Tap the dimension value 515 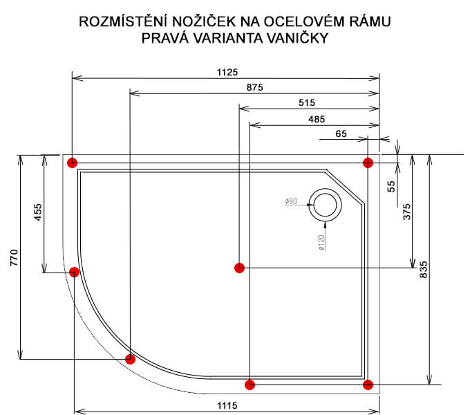click(x=308, y=102)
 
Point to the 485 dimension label click(x=316, y=119)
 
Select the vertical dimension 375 click(x=407, y=212)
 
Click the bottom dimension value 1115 click(x=227, y=405)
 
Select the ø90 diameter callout click(x=290, y=201)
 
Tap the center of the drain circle click(x=325, y=205)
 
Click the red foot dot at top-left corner click(x=72, y=163)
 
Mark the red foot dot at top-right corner click(x=368, y=163)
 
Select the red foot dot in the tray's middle click(x=239, y=267)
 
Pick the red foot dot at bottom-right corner click(x=368, y=384)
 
